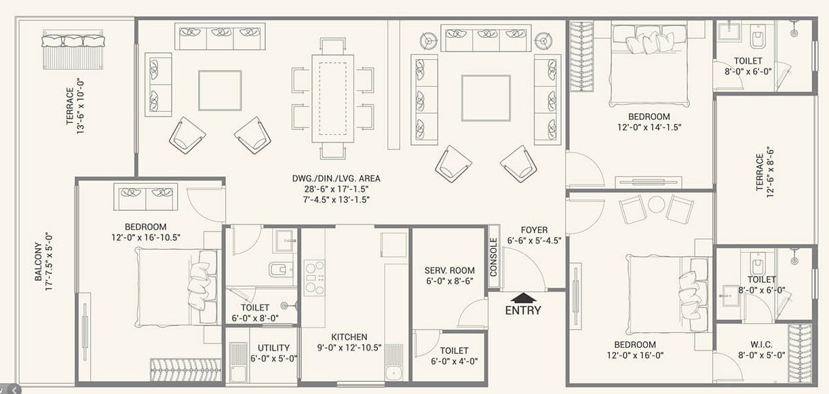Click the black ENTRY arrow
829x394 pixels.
click(x=523, y=296)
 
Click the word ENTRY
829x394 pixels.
click(x=523, y=311)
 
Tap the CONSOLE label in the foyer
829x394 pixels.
click(x=494, y=257)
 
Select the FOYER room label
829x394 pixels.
click(x=534, y=230)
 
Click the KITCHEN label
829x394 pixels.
click(x=349, y=337)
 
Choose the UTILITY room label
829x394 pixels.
click(x=274, y=348)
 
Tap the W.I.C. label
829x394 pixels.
click(x=760, y=344)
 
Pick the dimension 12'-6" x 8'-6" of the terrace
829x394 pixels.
click(x=771, y=173)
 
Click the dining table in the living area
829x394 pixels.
click(x=333, y=98)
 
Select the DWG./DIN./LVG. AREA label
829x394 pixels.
click(x=336, y=179)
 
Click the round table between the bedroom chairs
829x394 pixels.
click(x=656, y=204)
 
